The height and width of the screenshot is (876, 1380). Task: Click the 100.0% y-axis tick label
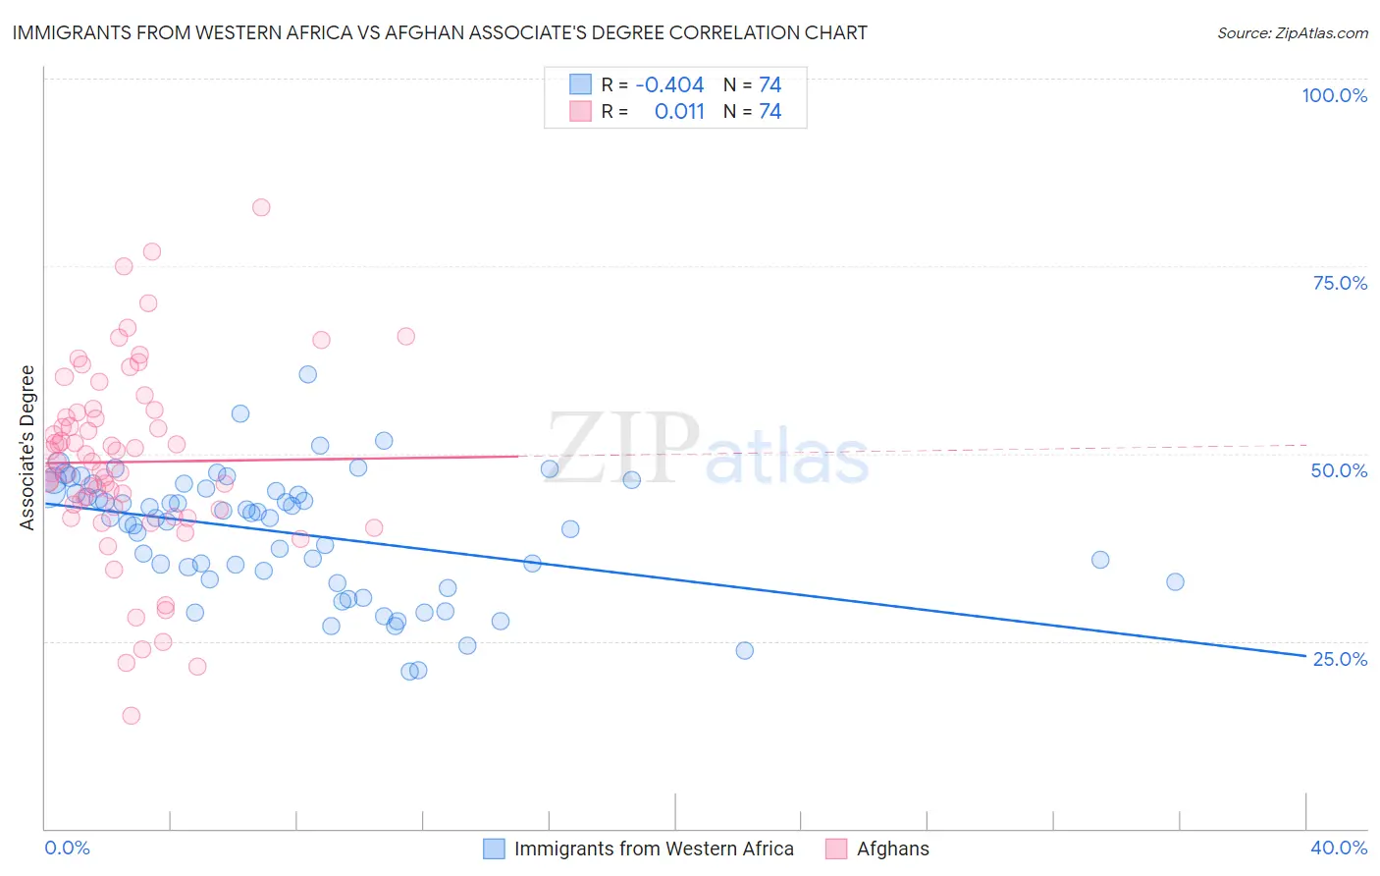(x=1334, y=95)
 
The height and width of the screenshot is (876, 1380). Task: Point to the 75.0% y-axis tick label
(x=1340, y=283)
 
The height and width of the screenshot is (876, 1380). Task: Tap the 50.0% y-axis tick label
(x=1339, y=470)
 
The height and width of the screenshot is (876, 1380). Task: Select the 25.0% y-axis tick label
(x=1340, y=658)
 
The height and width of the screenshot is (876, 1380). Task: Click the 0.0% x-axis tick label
(x=67, y=848)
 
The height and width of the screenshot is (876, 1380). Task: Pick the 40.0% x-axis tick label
(x=1339, y=848)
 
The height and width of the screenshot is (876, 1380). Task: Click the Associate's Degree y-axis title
(x=27, y=447)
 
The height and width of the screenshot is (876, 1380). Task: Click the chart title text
(x=440, y=32)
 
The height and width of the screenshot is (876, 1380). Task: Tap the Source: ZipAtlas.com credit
(x=1292, y=32)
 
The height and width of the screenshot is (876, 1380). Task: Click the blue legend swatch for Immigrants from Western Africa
(x=494, y=849)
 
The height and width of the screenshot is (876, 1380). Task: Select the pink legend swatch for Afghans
(x=836, y=849)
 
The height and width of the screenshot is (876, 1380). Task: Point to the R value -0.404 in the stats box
(x=669, y=85)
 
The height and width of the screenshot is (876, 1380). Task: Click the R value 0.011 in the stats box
(x=679, y=112)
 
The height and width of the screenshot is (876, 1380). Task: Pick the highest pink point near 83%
(x=261, y=207)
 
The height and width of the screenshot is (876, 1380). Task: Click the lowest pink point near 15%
(x=132, y=715)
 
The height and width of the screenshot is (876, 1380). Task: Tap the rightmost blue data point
(x=1175, y=581)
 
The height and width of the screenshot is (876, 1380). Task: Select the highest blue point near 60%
(x=307, y=374)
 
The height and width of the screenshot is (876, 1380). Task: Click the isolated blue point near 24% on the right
(x=745, y=650)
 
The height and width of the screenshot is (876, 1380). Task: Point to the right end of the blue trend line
(x=1305, y=655)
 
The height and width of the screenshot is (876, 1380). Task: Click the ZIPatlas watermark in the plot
(x=707, y=450)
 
